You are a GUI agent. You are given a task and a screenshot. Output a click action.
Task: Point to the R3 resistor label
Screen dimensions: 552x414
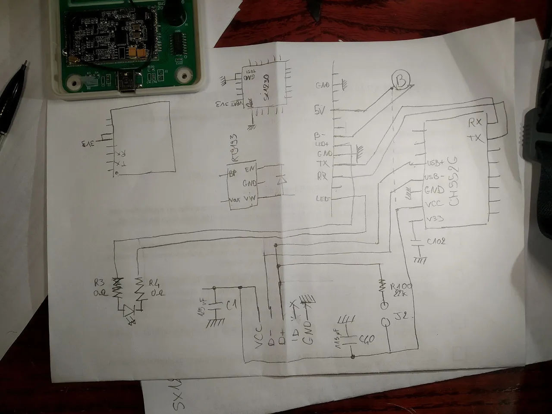tap(100, 283)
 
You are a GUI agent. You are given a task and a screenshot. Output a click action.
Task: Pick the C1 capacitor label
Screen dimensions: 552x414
tap(231, 307)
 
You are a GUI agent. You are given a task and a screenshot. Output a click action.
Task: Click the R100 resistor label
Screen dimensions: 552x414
tap(401, 286)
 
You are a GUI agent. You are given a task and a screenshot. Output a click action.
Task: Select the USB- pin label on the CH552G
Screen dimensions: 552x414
tap(434, 177)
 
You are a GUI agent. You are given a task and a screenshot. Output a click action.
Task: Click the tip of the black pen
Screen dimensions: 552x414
tap(25, 64)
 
